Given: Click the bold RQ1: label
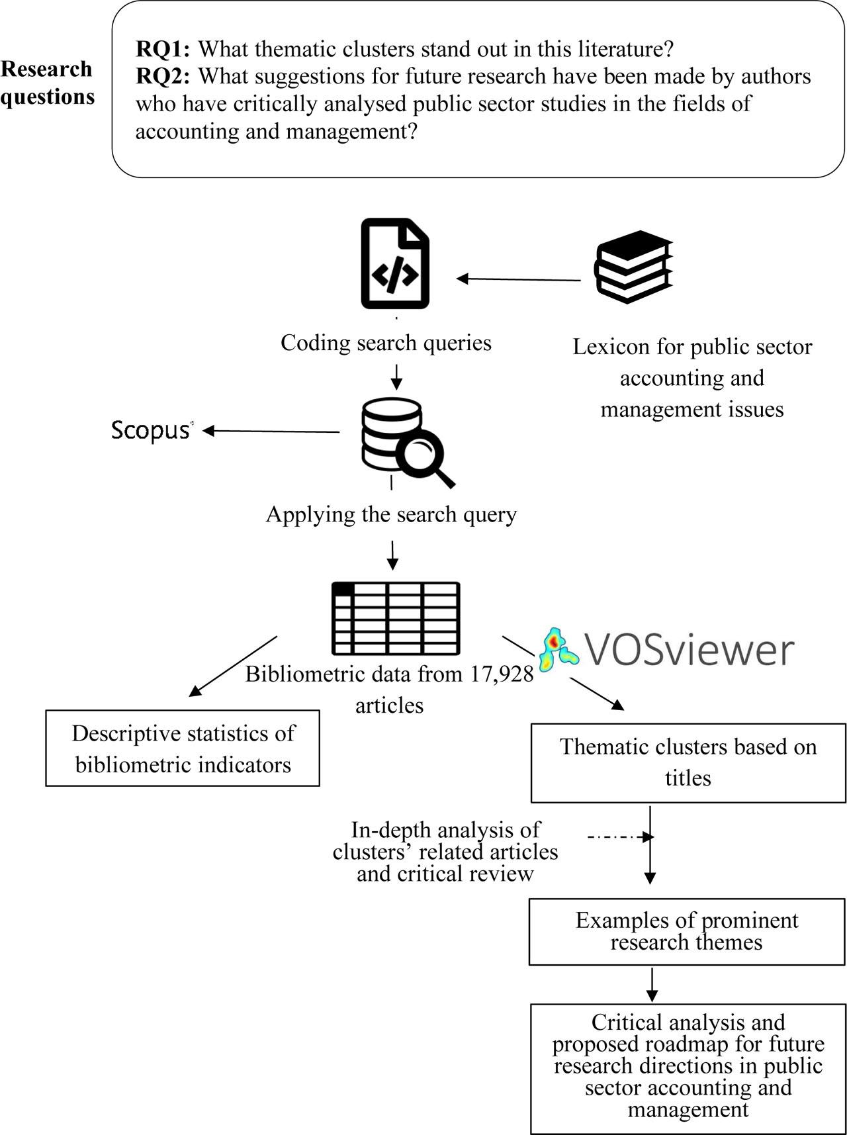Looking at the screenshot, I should [163, 49].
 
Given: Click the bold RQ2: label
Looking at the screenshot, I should [163, 77].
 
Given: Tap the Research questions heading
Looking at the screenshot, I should [47, 83].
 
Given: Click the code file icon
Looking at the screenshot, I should [395, 264].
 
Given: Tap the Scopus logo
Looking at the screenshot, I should [152, 431].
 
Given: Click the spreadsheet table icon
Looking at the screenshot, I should [395, 618].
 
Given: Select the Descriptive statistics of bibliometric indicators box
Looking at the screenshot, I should [183, 749].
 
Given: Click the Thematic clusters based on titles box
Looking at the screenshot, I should [688, 762].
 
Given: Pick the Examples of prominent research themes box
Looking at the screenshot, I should [687, 931].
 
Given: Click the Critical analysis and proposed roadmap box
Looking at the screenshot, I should [688, 1069].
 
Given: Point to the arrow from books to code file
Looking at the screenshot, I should [519, 279].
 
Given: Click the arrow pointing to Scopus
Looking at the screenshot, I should [271, 431].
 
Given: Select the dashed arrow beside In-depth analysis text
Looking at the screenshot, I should [619, 837].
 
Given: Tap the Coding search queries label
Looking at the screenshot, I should [386, 343].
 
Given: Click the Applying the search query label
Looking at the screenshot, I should [391, 514].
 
